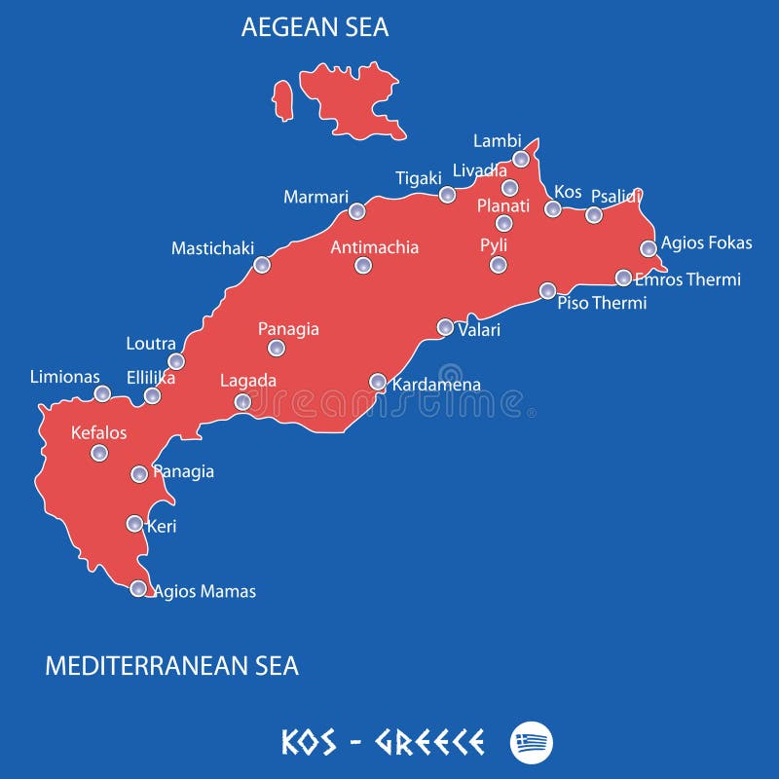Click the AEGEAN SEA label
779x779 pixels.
(315, 27)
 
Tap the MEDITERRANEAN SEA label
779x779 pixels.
(172, 666)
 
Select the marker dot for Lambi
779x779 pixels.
(521, 159)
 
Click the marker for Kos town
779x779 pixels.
(552, 208)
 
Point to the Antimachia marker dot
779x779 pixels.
(363, 265)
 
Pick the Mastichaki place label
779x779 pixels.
(212, 248)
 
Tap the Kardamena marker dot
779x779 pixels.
(378, 382)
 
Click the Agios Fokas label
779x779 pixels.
(706, 243)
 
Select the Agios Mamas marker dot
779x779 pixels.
(138, 588)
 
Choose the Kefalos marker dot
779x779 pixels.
(99, 453)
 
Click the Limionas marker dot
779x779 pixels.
(102, 393)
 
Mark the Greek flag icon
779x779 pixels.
(531, 743)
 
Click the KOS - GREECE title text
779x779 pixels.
(383, 743)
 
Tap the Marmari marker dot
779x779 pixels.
(356, 211)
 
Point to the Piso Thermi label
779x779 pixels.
(602, 303)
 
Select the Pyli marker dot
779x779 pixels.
(499, 264)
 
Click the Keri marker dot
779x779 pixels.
(134, 524)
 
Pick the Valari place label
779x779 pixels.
(479, 330)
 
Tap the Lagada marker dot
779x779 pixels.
(242, 402)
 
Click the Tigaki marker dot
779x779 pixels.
(447, 195)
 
